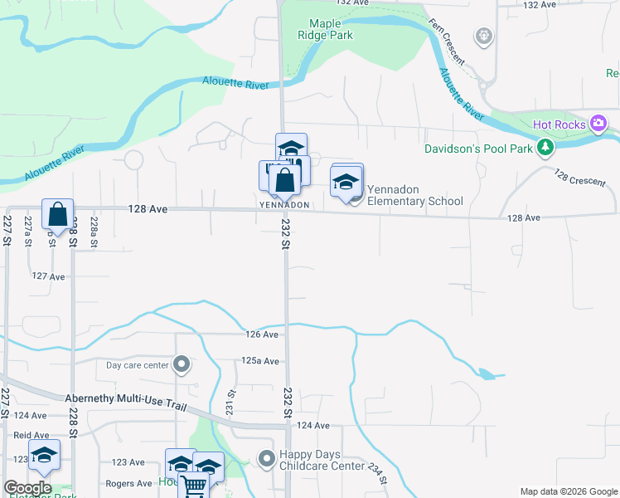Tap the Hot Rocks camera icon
[x=598, y=124]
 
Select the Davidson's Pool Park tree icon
[x=545, y=148]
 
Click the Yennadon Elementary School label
[x=414, y=195]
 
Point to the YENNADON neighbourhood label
[x=284, y=205]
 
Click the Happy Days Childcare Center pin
[x=266, y=458]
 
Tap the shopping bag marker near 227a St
[x=57, y=214]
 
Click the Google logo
[x=27, y=488]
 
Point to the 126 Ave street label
[x=262, y=334]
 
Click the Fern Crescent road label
[x=447, y=40]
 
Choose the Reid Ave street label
[x=31, y=435]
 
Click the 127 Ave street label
[x=48, y=276]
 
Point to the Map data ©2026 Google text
[x=568, y=491]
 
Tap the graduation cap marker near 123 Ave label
[x=46, y=455]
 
